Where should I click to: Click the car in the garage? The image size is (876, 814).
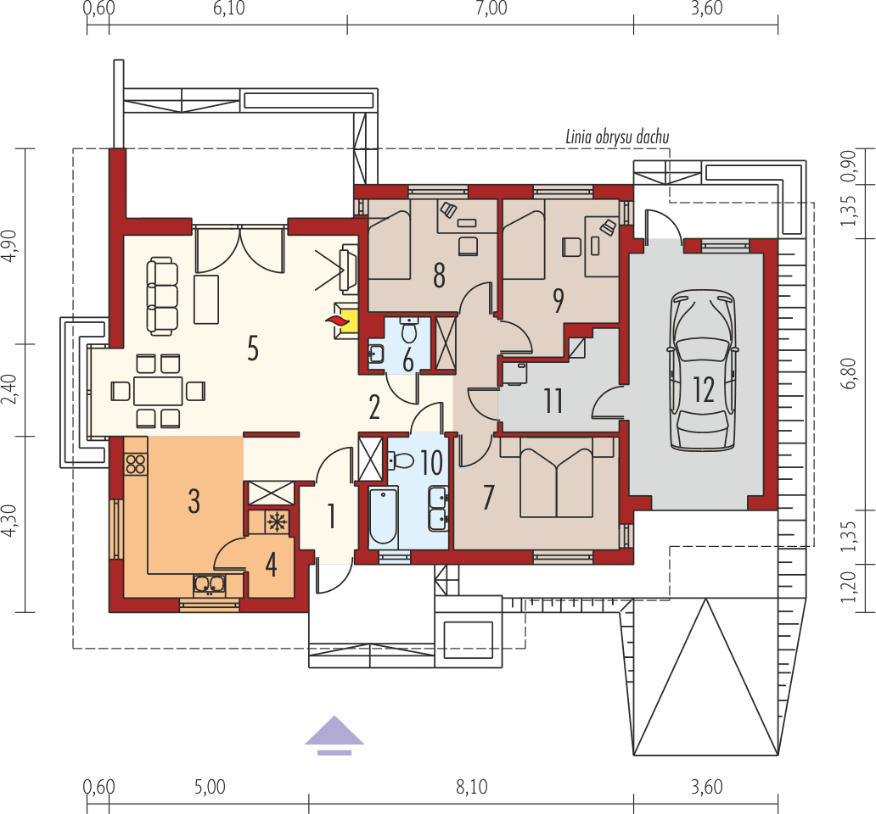702,371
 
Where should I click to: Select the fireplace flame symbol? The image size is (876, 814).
338,321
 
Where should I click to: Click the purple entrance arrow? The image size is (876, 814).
334,733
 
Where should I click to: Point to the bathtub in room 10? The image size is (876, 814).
384,516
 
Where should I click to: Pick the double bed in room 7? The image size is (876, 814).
556,482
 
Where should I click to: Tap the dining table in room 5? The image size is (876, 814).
158,391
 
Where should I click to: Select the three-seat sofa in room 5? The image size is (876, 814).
163,296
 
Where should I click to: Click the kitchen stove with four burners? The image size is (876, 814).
136,464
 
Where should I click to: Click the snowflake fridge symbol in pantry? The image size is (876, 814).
277,521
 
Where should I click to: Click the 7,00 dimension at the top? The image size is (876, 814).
491,8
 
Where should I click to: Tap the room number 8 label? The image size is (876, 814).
439,274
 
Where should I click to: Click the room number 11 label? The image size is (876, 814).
553,399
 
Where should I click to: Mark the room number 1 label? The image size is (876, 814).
331,515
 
